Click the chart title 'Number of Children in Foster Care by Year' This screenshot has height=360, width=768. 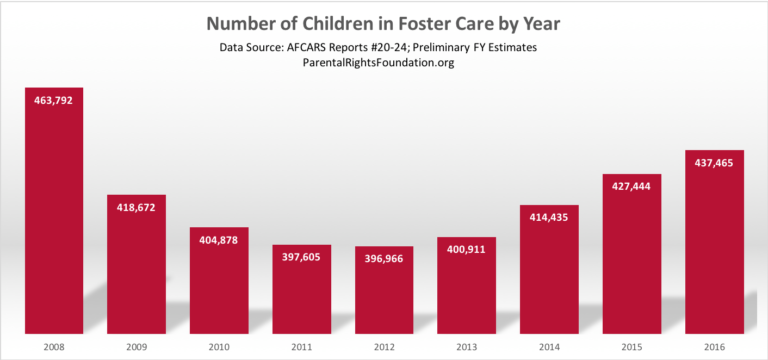click(383, 22)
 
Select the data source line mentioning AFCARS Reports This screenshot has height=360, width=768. click(383, 48)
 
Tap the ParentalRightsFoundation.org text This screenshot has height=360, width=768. click(383, 64)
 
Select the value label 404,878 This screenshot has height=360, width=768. click(219, 240)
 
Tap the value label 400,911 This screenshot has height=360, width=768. click(467, 252)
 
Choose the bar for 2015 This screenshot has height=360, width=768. click(632, 260)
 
